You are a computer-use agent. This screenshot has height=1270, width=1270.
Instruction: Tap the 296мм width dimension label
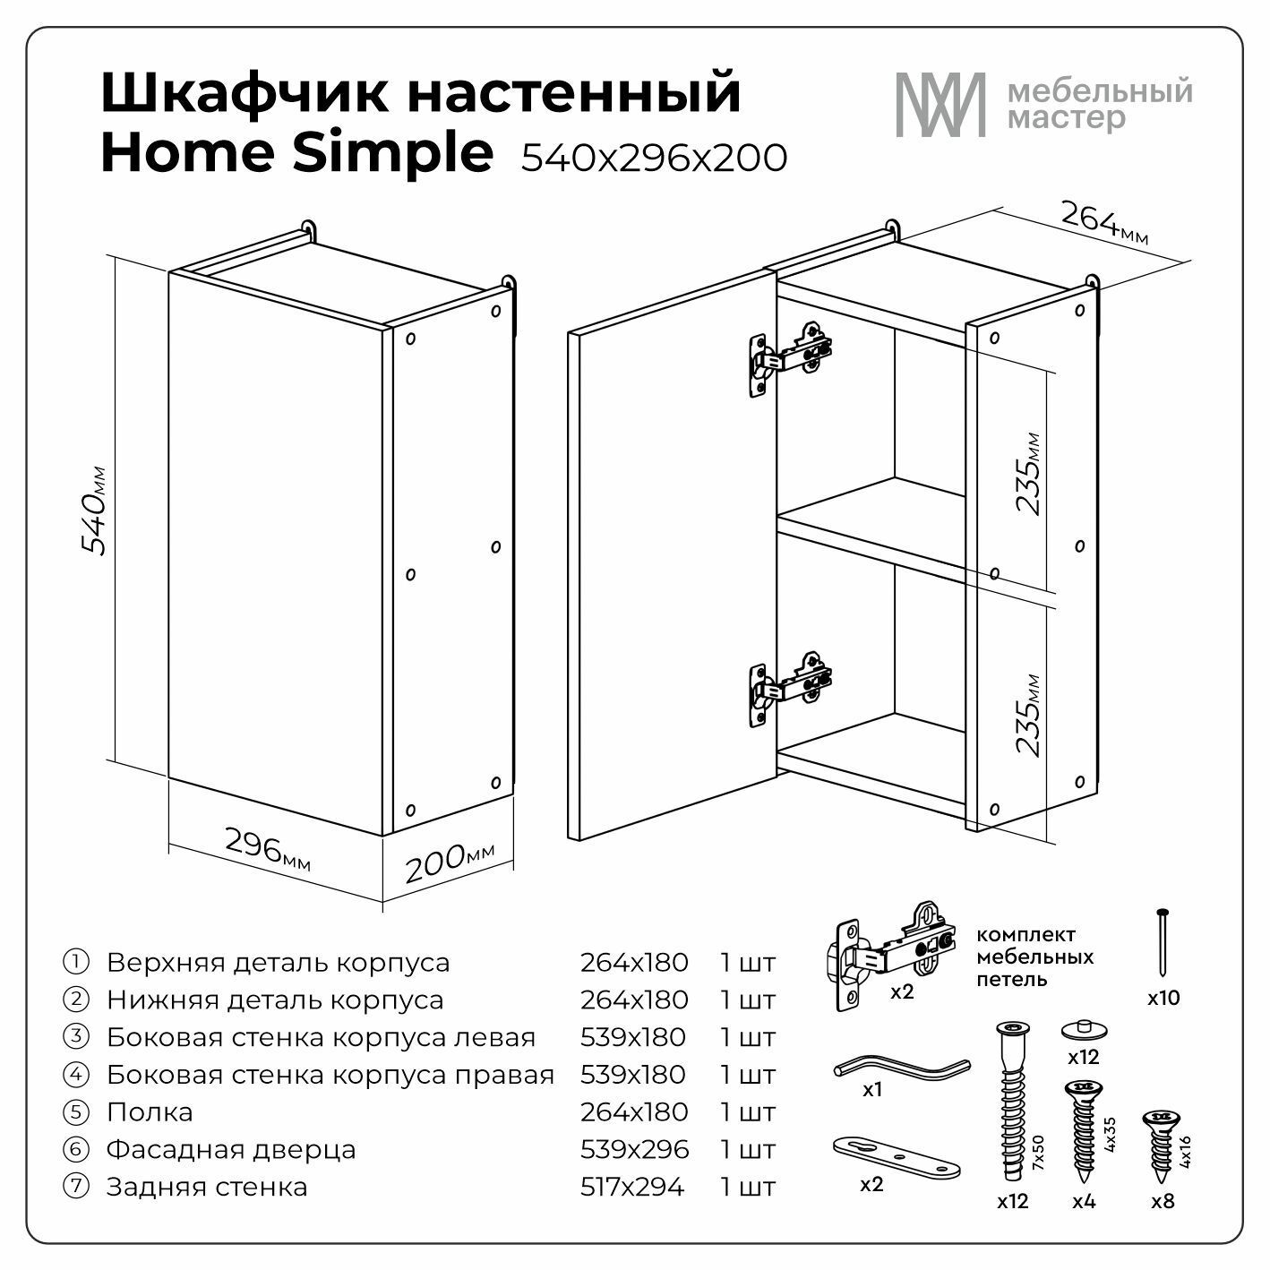click(x=267, y=848)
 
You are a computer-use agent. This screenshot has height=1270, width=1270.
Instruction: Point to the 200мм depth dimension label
click(x=449, y=862)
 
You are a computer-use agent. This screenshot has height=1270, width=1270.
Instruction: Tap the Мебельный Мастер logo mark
click(x=940, y=105)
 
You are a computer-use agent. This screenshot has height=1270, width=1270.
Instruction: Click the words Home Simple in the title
click(x=296, y=152)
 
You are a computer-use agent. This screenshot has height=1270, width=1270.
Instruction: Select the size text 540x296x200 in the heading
click(x=655, y=159)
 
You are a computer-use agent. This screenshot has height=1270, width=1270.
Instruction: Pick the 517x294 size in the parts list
click(x=632, y=1187)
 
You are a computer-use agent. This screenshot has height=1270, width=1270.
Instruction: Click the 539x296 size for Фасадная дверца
click(x=634, y=1149)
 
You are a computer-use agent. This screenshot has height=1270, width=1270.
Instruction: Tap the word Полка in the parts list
click(x=150, y=1112)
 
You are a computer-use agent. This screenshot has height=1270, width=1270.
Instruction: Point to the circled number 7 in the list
click(x=76, y=1187)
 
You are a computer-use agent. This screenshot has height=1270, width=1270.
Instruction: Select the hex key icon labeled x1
click(x=902, y=1067)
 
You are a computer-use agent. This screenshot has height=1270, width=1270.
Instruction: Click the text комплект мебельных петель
click(x=1034, y=957)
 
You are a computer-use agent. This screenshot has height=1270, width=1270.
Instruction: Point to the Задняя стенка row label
click(x=207, y=1187)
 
